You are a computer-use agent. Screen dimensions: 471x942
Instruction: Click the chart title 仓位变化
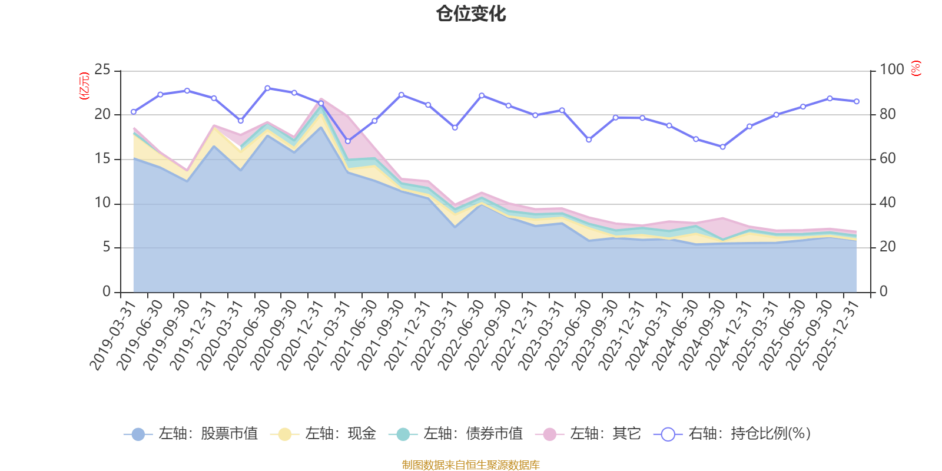471,14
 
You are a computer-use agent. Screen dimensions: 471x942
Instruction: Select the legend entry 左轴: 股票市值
191,434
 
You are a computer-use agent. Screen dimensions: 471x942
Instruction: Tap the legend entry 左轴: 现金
323,434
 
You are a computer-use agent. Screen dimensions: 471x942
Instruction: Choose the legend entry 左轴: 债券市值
456,434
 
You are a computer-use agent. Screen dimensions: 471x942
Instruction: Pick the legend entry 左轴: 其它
588,434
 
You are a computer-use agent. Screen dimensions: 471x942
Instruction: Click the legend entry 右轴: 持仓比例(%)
732,434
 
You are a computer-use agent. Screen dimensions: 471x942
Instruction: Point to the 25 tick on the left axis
102,70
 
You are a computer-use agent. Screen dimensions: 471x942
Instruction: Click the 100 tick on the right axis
892,70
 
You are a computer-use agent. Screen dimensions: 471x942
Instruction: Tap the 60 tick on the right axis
888,159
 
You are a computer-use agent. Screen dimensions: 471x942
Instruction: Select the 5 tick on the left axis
107,247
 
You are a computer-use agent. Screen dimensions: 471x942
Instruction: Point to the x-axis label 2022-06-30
461,334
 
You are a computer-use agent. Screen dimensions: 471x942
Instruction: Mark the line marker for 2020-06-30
267,88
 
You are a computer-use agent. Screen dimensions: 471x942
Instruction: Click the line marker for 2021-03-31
347,141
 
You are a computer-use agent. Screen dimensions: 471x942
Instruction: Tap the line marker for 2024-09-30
722,147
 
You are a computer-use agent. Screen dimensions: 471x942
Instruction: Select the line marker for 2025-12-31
857,101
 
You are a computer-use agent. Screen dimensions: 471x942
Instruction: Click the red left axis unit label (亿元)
84,86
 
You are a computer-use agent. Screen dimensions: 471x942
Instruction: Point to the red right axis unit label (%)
916,68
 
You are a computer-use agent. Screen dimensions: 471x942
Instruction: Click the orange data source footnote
471,465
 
